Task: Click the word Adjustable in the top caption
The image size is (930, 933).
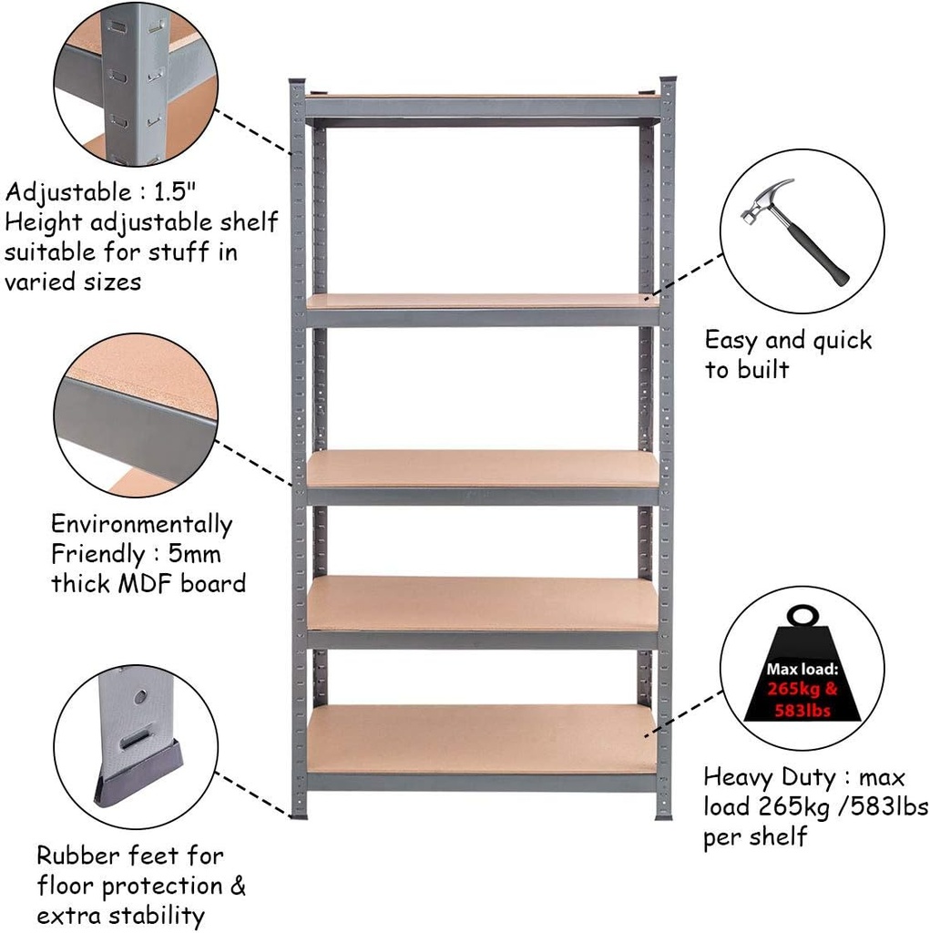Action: (x=68, y=193)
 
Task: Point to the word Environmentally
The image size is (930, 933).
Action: (x=141, y=525)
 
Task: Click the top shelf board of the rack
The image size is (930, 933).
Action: (x=483, y=96)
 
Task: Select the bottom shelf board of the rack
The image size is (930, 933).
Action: (x=483, y=738)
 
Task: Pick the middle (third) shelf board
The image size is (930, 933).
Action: (x=483, y=468)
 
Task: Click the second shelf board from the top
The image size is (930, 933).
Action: (x=483, y=301)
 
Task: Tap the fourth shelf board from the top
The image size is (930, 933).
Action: (x=483, y=602)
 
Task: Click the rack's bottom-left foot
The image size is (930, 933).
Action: (x=299, y=814)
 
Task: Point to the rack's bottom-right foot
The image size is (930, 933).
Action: (x=664, y=814)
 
